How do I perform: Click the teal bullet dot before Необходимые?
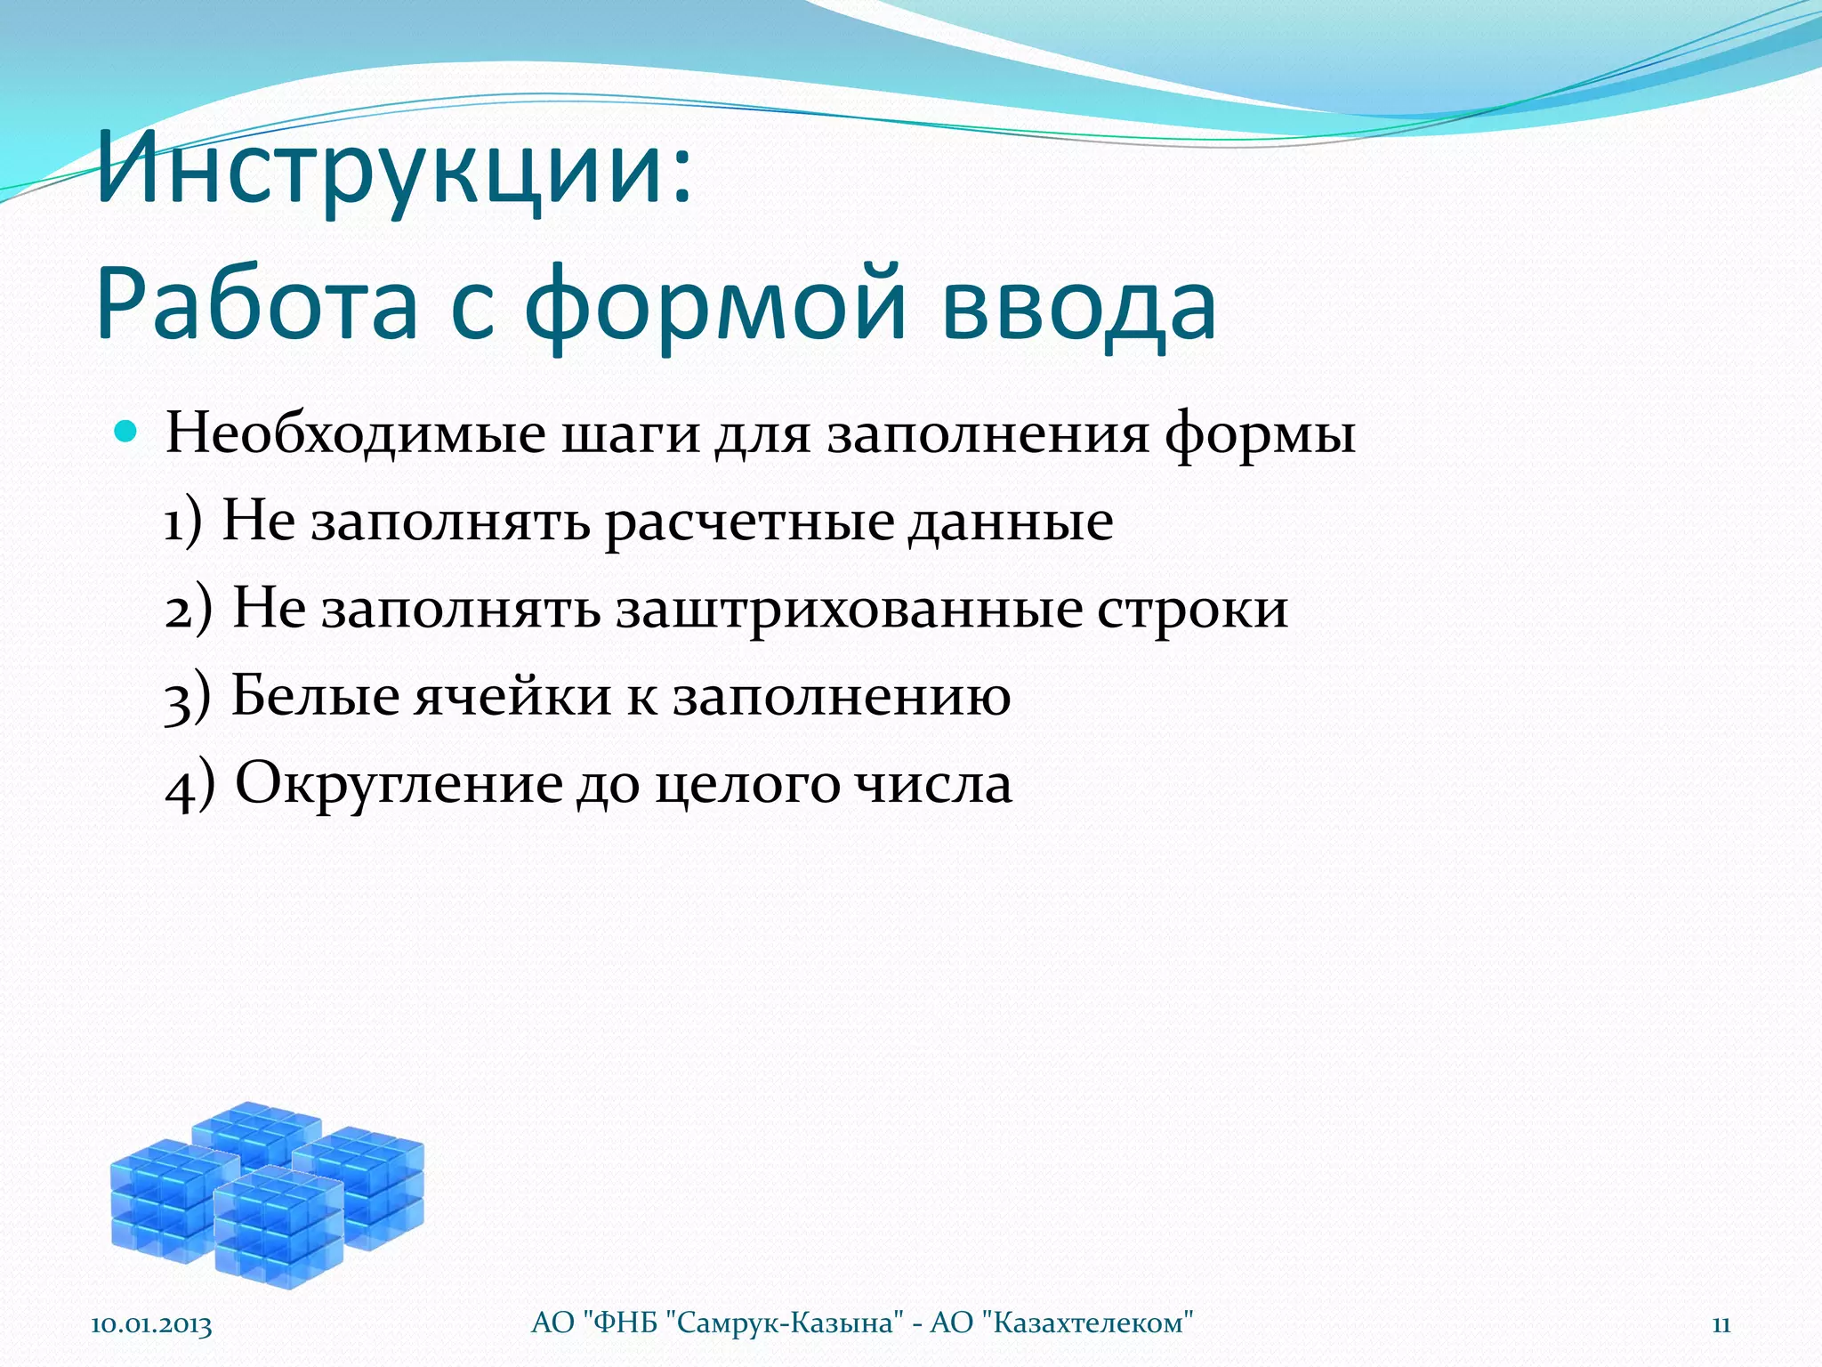[125, 433]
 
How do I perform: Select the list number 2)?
[189, 610]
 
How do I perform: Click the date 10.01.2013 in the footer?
[151, 1324]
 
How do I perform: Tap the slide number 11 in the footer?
[1721, 1324]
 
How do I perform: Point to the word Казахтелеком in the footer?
[1087, 1323]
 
